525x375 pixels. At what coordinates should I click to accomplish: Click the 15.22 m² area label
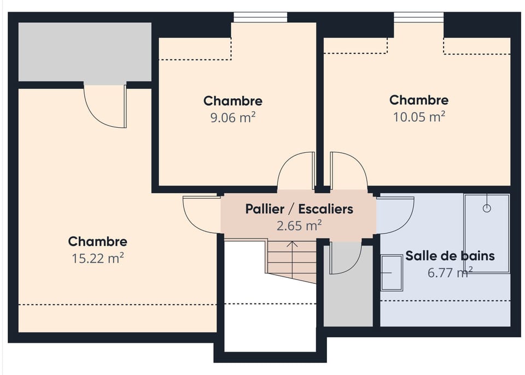tap(98, 258)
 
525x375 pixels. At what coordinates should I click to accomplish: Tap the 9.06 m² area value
tap(233, 117)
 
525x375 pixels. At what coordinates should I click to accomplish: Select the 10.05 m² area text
tap(419, 116)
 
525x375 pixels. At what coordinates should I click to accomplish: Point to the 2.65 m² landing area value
tap(299, 225)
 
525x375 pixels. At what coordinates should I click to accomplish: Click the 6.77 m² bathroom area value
tap(449, 272)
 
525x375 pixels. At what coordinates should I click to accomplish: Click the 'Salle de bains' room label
tap(450, 256)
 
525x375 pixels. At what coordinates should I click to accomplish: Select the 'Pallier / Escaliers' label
tap(299, 209)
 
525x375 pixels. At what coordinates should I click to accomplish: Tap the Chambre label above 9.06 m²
tap(233, 101)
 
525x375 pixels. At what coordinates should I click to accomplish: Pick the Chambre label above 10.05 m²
tap(419, 100)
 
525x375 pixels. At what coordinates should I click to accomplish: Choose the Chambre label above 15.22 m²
tap(98, 242)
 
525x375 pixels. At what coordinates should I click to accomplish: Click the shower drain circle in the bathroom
tap(486, 208)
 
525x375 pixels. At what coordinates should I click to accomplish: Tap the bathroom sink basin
tap(392, 272)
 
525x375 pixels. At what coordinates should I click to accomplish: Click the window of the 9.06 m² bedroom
tap(260, 17)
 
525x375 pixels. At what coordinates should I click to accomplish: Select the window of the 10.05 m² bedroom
tap(419, 17)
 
